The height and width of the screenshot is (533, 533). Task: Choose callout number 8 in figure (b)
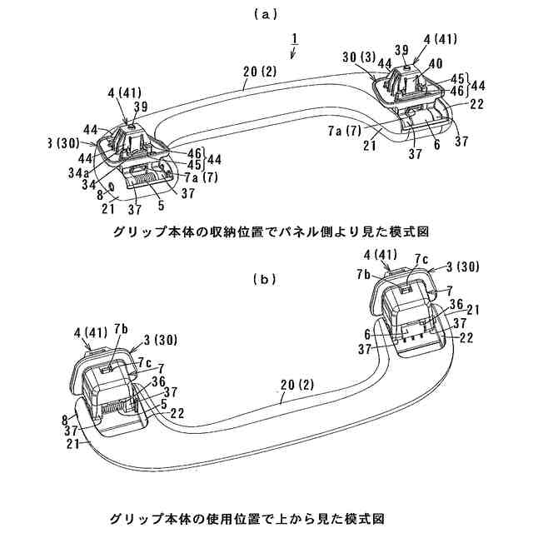pyautogui.click(x=65, y=421)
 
